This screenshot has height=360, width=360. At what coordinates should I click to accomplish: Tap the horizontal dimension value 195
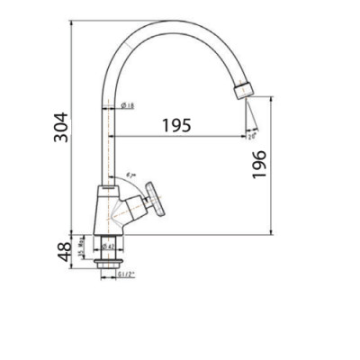point(176,125)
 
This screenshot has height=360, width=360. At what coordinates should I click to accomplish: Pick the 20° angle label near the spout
point(254,137)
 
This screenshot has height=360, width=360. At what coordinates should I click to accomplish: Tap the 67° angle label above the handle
point(131,172)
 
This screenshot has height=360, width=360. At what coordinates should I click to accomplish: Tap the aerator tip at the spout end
point(242,90)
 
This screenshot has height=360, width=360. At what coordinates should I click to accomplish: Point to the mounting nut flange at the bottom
point(105,265)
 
